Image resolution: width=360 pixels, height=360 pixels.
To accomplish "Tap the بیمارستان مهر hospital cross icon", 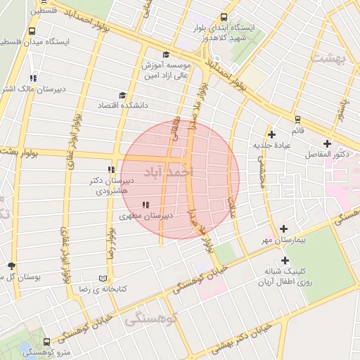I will coord(284,229).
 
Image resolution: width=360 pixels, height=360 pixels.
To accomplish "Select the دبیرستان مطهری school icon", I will coord(146,205).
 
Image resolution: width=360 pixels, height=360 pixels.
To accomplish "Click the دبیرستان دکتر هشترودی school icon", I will coord(110,169).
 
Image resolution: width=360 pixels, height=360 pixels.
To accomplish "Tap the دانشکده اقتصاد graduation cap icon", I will coord(123,95).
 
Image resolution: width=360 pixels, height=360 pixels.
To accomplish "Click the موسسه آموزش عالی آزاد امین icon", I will coord(166,54).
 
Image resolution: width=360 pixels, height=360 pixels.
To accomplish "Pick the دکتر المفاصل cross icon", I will coord(327,143).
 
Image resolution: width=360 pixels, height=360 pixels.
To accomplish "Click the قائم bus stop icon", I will coord(298,120).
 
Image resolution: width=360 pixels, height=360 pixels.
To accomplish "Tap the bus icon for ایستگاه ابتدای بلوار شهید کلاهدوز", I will coord(224,18).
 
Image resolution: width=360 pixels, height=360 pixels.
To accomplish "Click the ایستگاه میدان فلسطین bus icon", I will coord(32,32).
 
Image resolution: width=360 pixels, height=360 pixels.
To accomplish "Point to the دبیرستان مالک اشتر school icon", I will coord(33,78).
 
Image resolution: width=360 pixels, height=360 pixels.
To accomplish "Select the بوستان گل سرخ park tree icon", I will coord(11,266).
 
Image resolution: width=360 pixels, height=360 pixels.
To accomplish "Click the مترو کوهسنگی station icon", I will coord(27,349).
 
